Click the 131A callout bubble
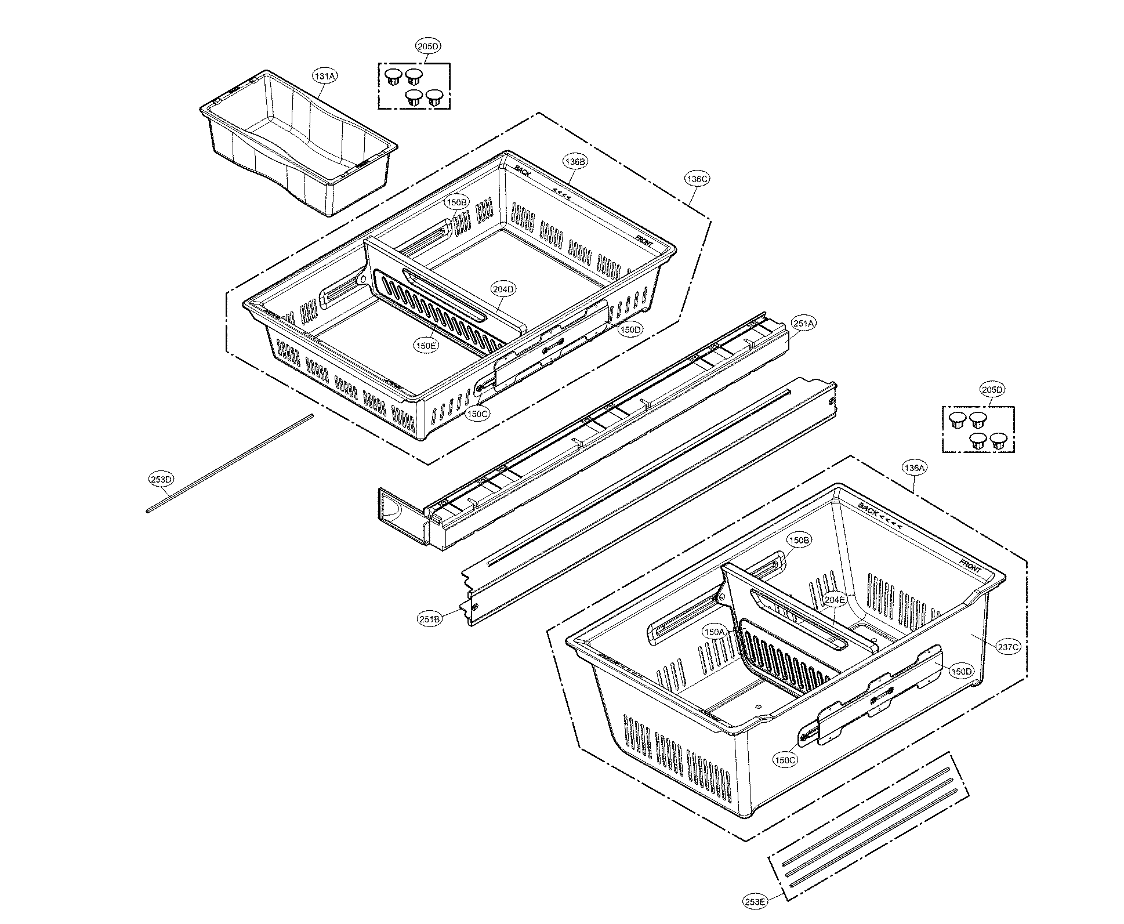tap(325, 76)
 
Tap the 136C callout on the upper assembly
tap(697, 179)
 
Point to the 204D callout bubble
tap(503, 289)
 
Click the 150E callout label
tap(425, 345)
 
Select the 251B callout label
tap(430, 619)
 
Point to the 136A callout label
tap(915, 468)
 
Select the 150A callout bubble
tap(714, 631)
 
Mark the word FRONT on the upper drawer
tap(644, 241)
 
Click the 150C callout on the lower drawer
tap(785, 760)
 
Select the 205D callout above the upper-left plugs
tap(429, 45)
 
